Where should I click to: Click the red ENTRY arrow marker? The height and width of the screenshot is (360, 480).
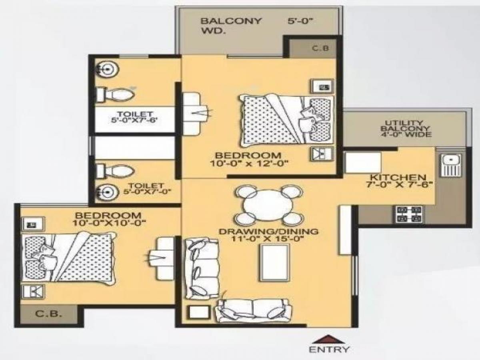click(328, 339)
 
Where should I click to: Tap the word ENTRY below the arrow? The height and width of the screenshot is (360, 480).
click(328, 350)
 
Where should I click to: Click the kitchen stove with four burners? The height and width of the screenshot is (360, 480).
click(408, 214)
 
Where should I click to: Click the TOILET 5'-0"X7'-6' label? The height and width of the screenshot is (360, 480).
click(134, 116)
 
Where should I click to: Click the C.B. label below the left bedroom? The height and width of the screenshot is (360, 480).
click(49, 314)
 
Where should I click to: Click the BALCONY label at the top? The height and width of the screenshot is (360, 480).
click(226, 21)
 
